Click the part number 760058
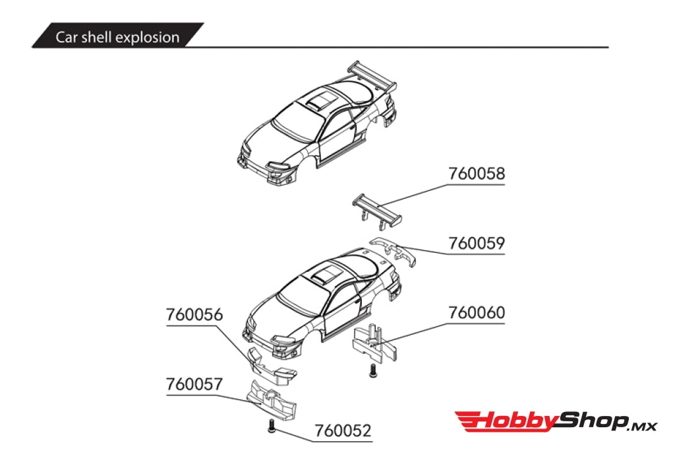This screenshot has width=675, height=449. (x=476, y=174)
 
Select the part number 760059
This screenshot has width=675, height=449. (x=476, y=244)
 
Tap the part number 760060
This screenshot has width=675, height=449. (x=476, y=312)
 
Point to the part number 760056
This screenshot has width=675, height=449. (x=194, y=316)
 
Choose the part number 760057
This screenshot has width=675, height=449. (x=194, y=384)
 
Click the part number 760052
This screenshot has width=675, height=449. (x=343, y=431)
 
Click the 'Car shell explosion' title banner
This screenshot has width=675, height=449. (x=117, y=37)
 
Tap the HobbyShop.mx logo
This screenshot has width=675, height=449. (x=555, y=421)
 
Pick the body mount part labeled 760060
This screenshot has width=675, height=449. (x=373, y=342)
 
